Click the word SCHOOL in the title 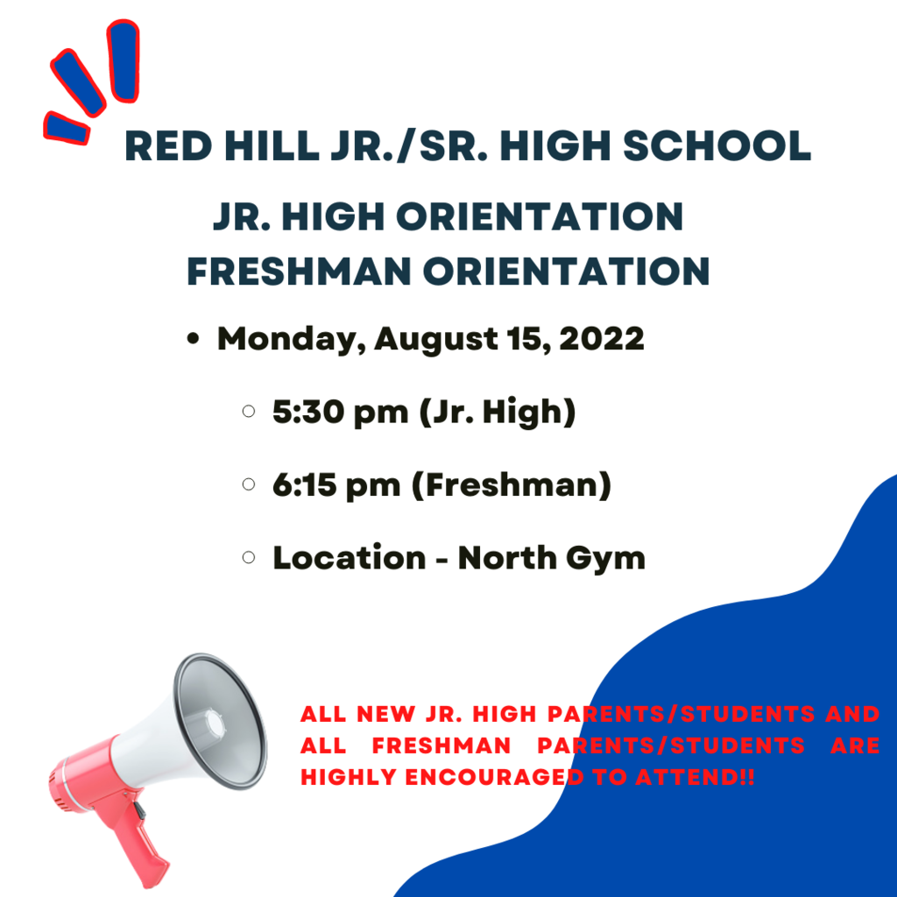(717, 146)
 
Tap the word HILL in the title (272, 146)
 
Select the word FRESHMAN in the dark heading (300, 272)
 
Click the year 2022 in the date (602, 339)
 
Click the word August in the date (436, 341)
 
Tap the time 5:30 (308, 412)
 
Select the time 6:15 (304, 484)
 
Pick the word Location (350, 558)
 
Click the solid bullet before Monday (194, 339)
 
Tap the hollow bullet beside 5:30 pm (249, 412)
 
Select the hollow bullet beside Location (249, 557)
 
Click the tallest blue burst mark (124, 61)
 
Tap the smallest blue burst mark (67, 128)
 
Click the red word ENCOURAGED (495, 778)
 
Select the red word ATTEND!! (695, 778)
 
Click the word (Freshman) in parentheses (512, 485)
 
